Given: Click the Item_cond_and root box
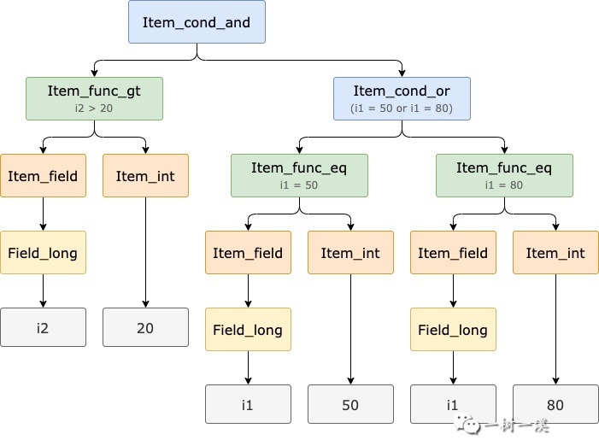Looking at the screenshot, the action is [197, 21].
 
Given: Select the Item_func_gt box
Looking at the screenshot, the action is [94, 98].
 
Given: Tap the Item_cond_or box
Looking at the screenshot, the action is [402, 98].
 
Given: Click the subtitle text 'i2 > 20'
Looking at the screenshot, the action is [94, 109].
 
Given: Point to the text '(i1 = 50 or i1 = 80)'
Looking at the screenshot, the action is [402, 109].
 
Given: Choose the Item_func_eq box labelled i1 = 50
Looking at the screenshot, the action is [299, 176].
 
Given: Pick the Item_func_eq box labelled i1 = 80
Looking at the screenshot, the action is [505, 176].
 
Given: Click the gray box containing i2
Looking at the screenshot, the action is [44, 327].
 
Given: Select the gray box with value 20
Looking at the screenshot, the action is [145, 327].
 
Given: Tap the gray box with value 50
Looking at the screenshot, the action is [350, 404].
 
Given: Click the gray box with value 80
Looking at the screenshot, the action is [555, 404].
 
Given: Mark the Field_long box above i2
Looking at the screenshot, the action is [44, 252].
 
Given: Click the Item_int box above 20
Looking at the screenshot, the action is [145, 176].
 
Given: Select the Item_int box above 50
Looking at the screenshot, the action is [350, 252].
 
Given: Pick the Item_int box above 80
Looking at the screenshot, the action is [555, 252].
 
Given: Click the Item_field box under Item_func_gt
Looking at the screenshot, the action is [44, 176].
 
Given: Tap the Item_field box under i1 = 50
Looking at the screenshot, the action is [249, 252].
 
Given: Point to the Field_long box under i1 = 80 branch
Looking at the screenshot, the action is [454, 329].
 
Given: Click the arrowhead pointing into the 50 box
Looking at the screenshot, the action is [350, 381].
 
